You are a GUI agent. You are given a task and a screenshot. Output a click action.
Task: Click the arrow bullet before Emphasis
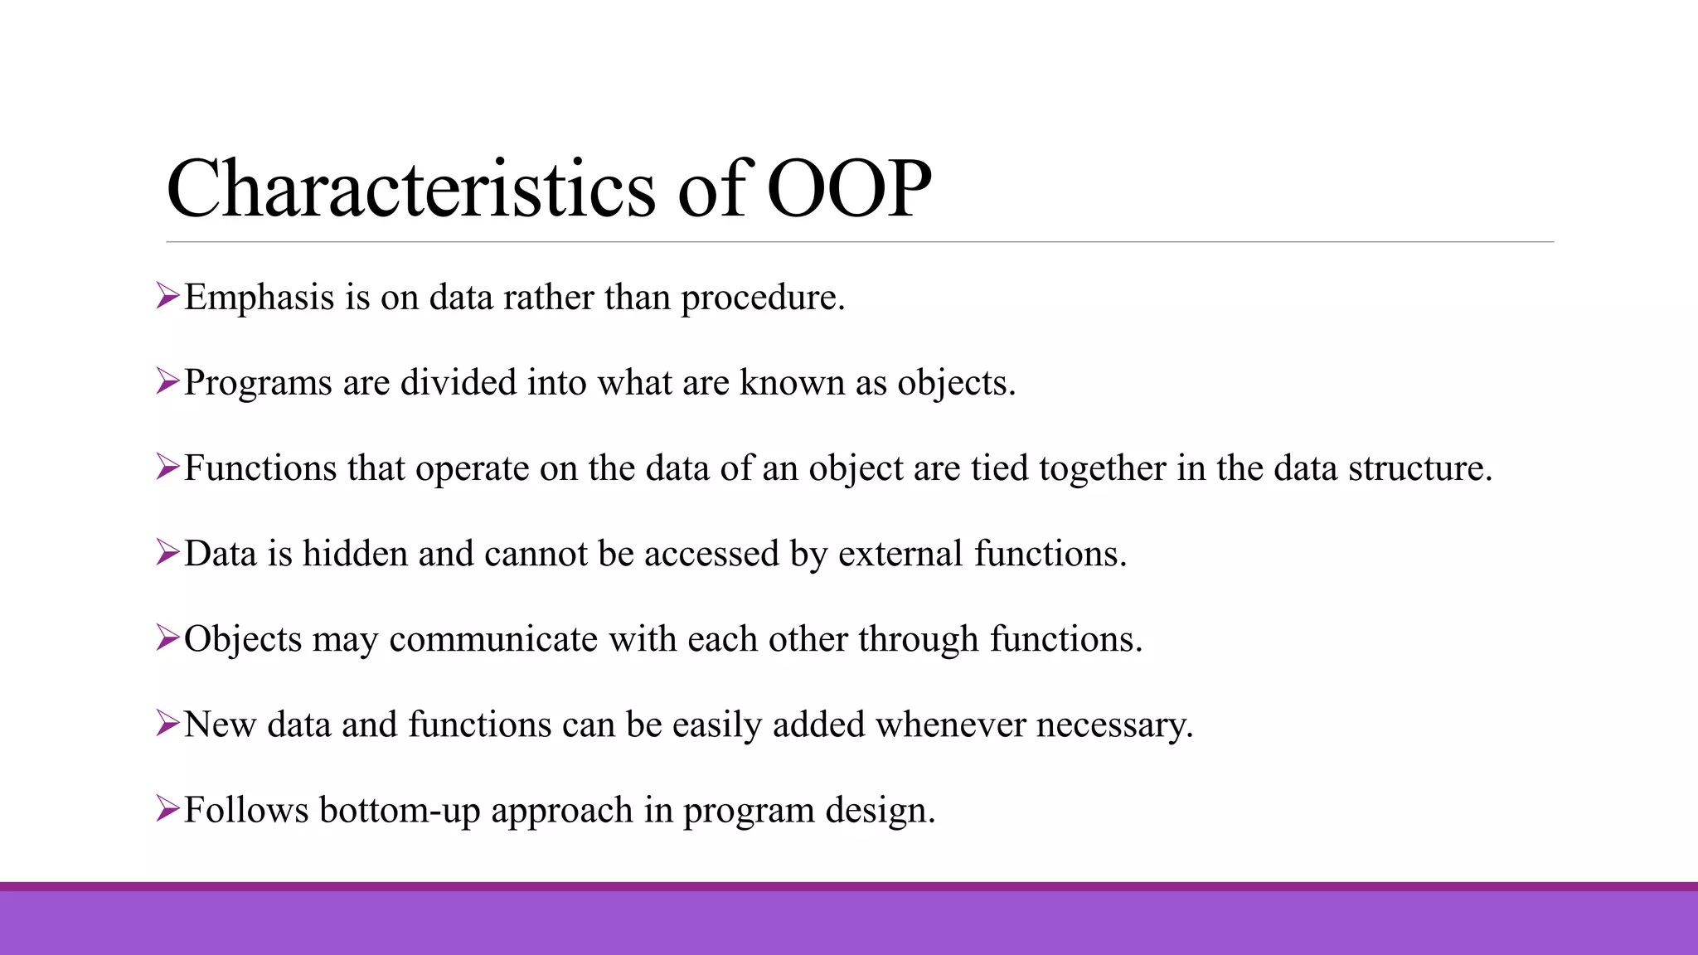click(x=167, y=296)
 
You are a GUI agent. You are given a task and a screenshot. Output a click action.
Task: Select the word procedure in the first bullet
click(x=762, y=298)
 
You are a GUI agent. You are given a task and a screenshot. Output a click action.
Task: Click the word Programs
click(x=258, y=384)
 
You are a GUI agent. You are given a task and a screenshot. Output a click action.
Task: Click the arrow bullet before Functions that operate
click(x=167, y=468)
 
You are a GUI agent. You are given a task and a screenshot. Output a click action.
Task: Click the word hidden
click(x=355, y=554)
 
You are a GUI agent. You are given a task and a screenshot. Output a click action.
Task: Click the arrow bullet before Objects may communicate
click(x=167, y=638)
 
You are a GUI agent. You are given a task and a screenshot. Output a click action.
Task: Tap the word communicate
click(x=493, y=639)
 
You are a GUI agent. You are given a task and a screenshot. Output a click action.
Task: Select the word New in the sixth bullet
click(x=220, y=725)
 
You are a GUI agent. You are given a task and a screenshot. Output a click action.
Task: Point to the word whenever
click(x=951, y=725)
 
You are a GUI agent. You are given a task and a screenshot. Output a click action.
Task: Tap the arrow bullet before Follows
click(x=167, y=809)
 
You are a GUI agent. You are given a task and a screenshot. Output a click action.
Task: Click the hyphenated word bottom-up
click(x=400, y=811)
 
